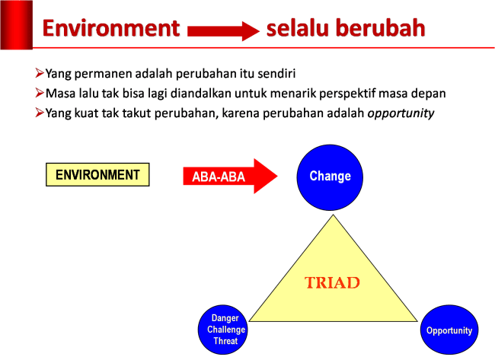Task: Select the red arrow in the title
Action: pyautogui.click(x=223, y=30)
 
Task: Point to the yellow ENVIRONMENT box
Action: pyautogui.click(x=97, y=175)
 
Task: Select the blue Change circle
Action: pyautogui.click(x=330, y=177)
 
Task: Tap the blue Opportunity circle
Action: pyautogui.click(x=449, y=330)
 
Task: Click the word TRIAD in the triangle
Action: pyautogui.click(x=332, y=282)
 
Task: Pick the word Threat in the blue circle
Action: pyautogui.click(x=226, y=341)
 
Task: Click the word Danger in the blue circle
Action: pyautogui.click(x=225, y=319)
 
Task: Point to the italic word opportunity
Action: pyautogui.click(x=401, y=113)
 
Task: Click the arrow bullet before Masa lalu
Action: pyautogui.click(x=40, y=93)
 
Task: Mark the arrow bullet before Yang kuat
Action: pyautogui.click(x=40, y=113)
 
